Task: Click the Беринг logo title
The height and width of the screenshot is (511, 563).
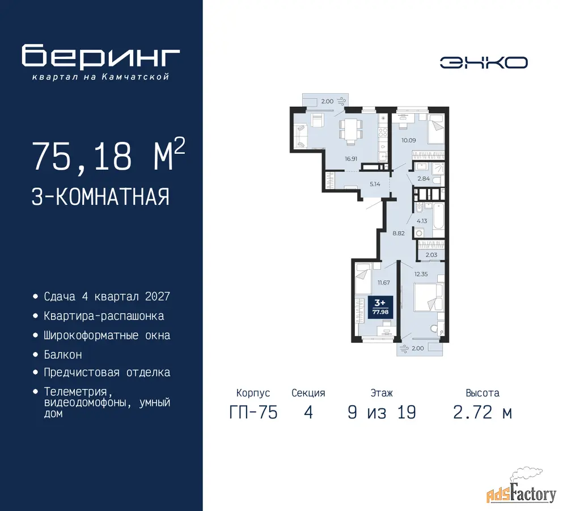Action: point(100,56)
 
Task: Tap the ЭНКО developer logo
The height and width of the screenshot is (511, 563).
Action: point(484,62)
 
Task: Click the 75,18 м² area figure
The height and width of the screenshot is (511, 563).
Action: point(108,155)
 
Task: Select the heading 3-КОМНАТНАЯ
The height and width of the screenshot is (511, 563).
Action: point(100,196)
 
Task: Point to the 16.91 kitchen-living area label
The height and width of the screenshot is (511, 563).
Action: point(351,158)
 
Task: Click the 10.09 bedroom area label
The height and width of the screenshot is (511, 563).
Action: point(409,140)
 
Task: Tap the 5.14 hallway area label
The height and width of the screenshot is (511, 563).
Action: point(375,184)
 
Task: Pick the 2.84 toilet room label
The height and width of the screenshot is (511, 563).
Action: point(424,178)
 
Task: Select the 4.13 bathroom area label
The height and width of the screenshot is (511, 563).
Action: point(422,221)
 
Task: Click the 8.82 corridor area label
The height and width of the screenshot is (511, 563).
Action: point(399,233)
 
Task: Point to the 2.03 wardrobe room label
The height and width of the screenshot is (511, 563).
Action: point(431,254)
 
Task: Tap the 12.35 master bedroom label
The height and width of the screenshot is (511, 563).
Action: point(421,274)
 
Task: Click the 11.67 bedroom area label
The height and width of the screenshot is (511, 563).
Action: point(383,283)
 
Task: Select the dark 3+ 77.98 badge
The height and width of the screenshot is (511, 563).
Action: point(380,307)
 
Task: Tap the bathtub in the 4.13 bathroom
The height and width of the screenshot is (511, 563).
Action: point(439,215)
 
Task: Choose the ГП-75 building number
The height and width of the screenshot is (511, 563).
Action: point(253,412)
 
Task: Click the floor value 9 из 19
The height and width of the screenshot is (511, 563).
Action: point(382,412)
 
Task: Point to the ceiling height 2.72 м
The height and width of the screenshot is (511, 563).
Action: point(482,412)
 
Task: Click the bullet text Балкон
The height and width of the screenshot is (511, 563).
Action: point(63,354)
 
